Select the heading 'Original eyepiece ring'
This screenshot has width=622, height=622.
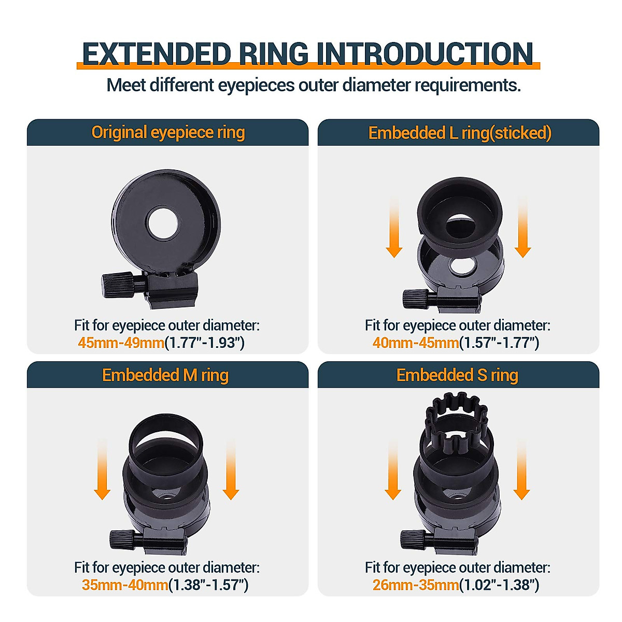[x=168, y=133]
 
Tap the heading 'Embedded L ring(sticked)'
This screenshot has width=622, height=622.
[x=459, y=133]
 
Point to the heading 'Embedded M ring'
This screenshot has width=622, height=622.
[x=165, y=375]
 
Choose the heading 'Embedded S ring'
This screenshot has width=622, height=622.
[x=457, y=375]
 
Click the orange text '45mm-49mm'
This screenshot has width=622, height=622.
[x=121, y=343]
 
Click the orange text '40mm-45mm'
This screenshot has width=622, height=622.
[x=416, y=343]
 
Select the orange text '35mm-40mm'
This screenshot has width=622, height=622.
[x=125, y=585]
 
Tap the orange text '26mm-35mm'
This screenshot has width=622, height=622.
[x=416, y=585]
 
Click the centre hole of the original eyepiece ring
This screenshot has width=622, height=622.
[x=162, y=223]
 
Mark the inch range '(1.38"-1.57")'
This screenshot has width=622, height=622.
[x=208, y=585]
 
